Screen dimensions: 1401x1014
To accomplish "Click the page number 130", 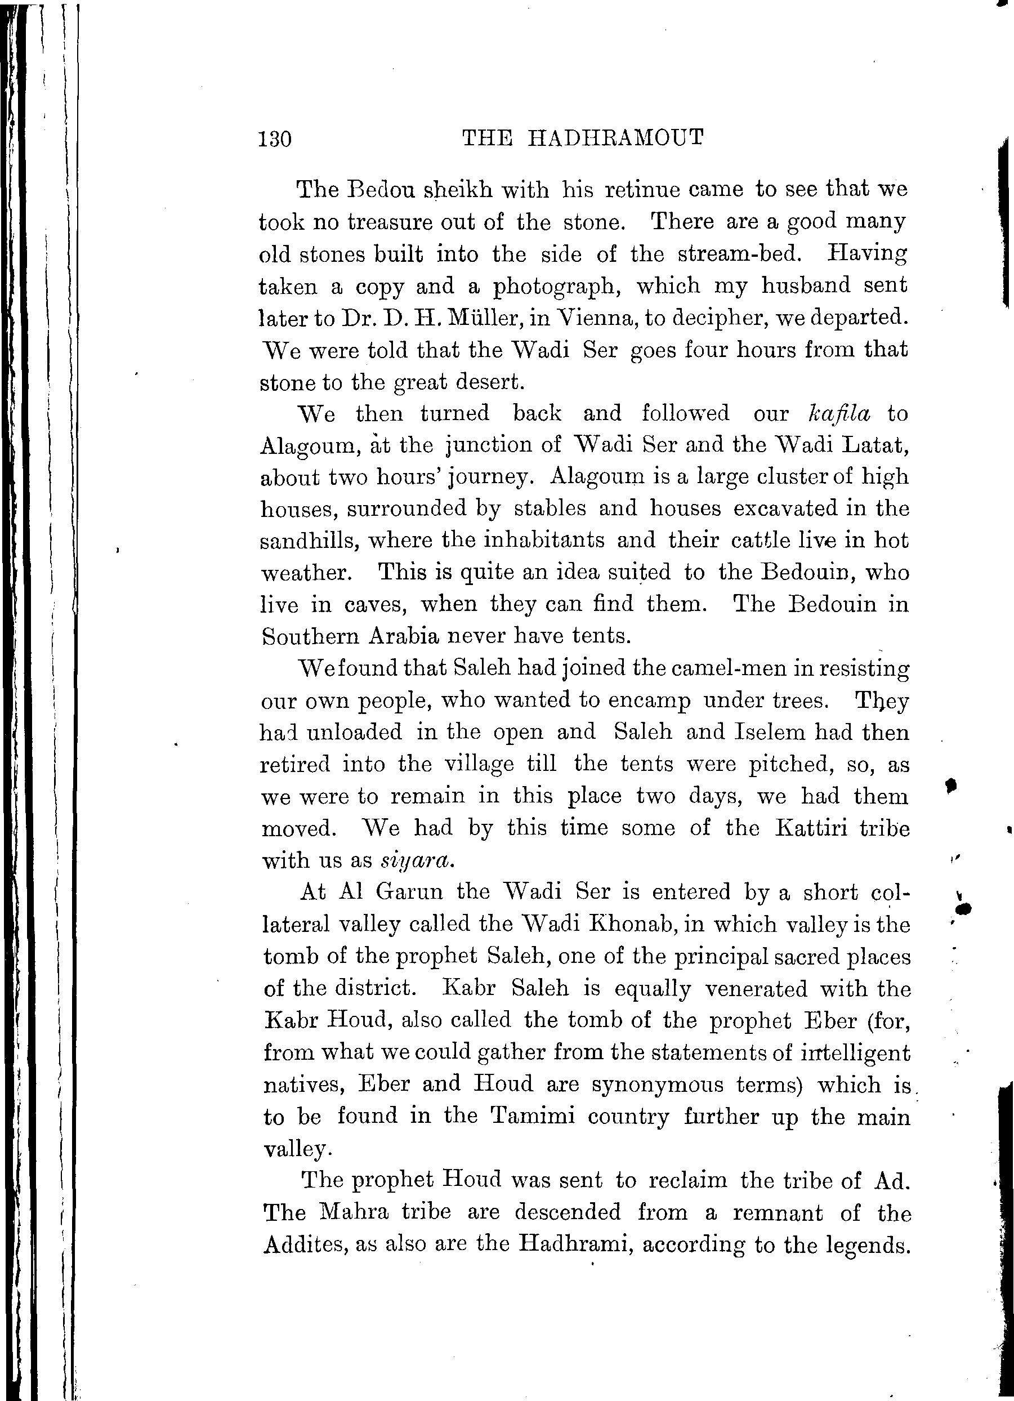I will click(275, 140).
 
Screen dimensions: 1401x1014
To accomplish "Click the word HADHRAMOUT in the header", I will click(617, 138).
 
